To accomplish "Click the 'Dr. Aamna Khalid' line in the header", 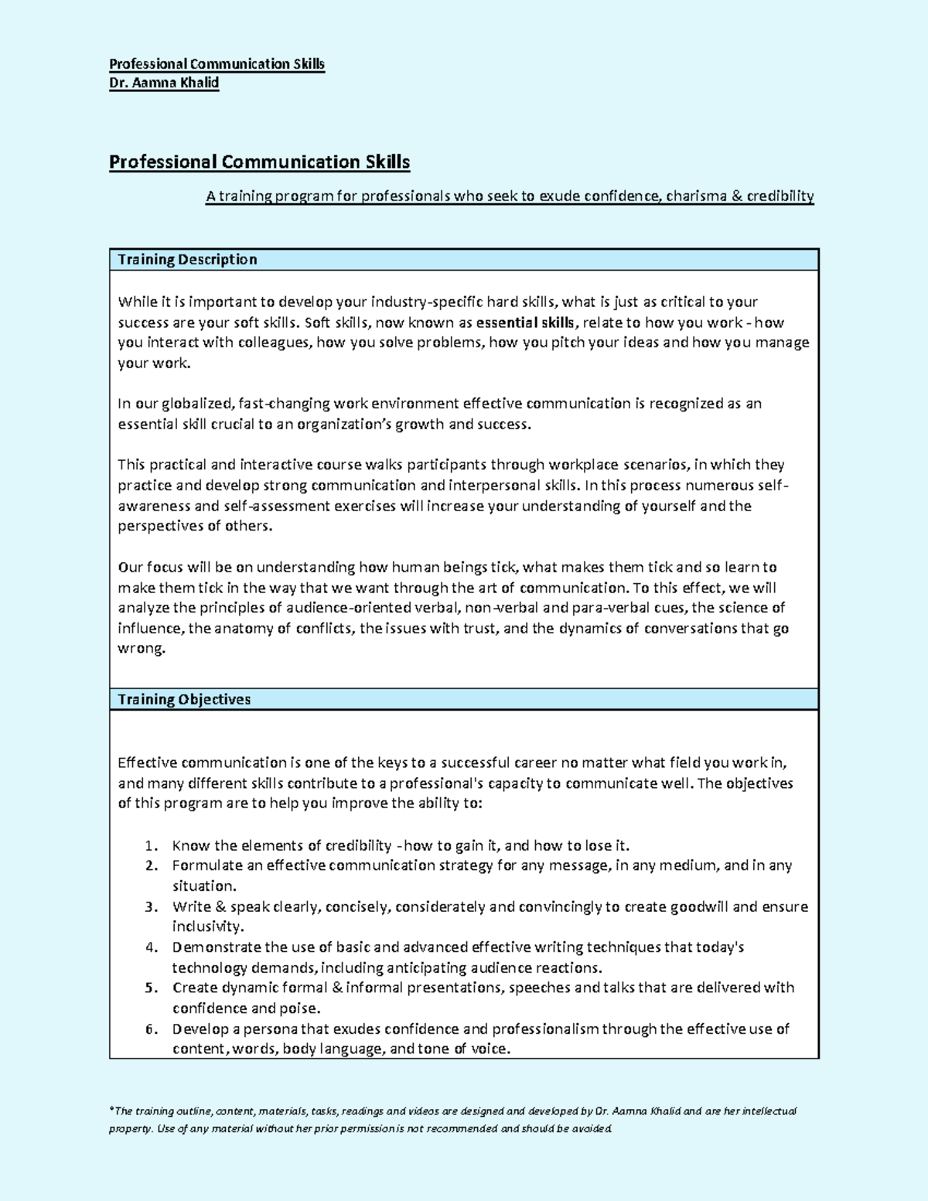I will [164, 83].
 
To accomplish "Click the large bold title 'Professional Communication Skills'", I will [259, 162].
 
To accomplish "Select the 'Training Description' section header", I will [187, 260].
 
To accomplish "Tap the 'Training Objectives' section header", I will [184, 699].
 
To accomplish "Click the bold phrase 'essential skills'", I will [526, 322].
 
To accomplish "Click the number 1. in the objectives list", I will [152, 845].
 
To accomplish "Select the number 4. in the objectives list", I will [152, 947].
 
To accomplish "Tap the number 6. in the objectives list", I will [152, 1029].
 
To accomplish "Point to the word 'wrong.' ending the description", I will [142, 649].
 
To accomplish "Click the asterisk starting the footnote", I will [111, 1110].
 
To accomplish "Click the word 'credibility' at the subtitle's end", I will [780, 196].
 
